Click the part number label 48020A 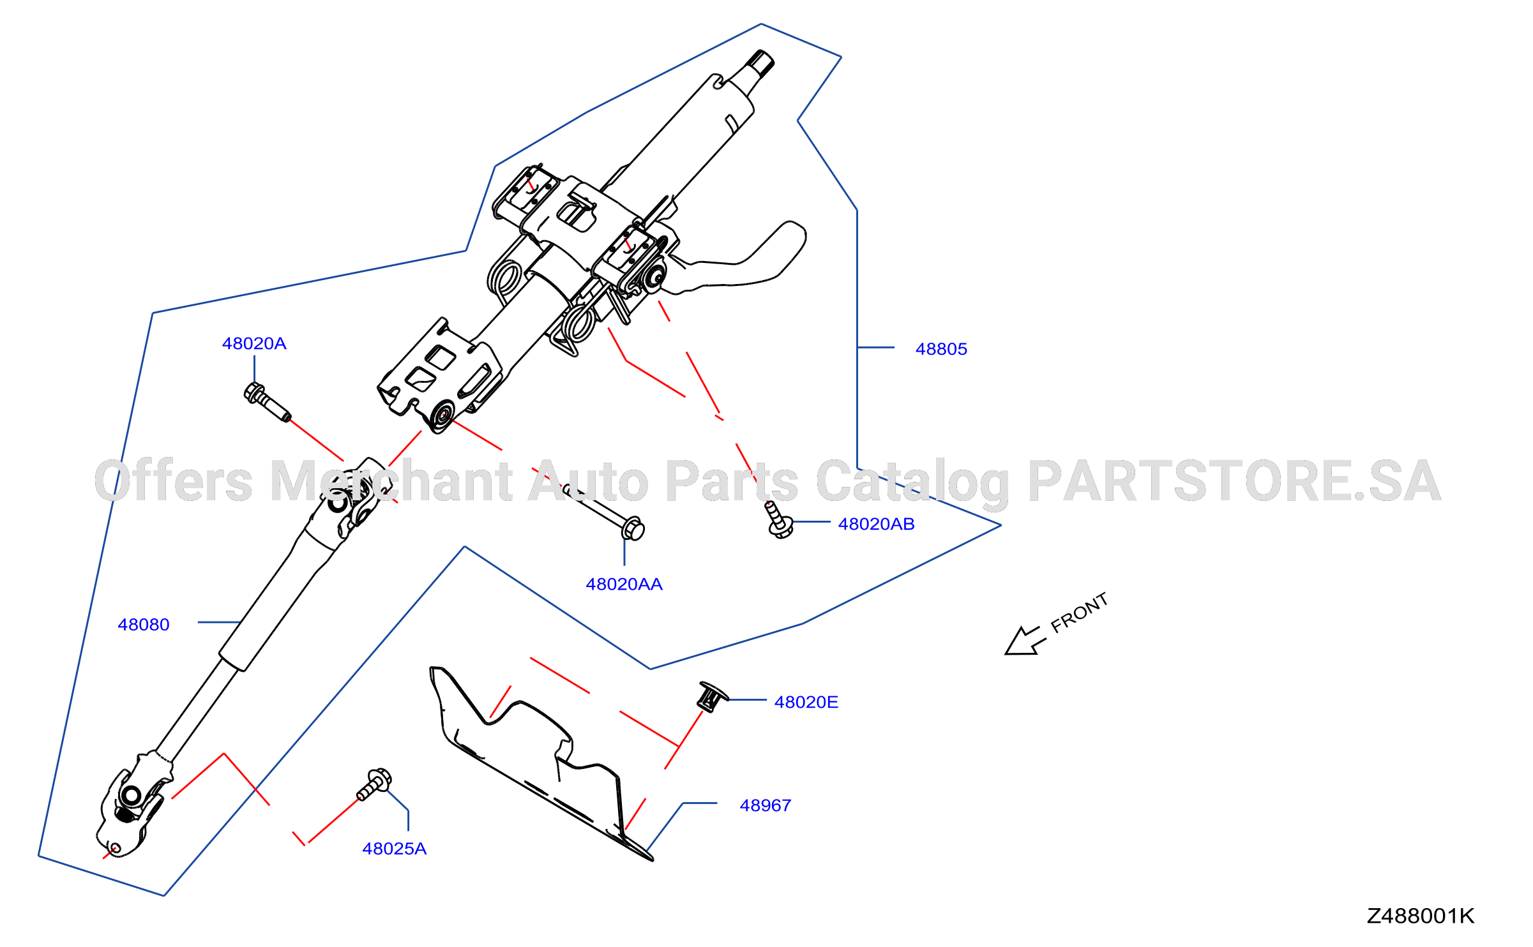[254, 343]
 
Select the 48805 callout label [941, 349]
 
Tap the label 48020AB [876, 524]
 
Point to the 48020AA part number [624, 584]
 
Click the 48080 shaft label [144, 625]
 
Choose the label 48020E [806, 702]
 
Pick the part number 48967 [765, 805]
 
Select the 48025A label [394, 849]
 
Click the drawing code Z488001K [1420, 916]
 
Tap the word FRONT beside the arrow [1079, 613]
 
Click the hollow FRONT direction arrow [1023, 641]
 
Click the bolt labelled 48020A [268, 402]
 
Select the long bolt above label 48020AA [604, 512]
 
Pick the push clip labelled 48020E [712, 696]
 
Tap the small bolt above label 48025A [374, 784]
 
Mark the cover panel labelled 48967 [536, 759]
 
